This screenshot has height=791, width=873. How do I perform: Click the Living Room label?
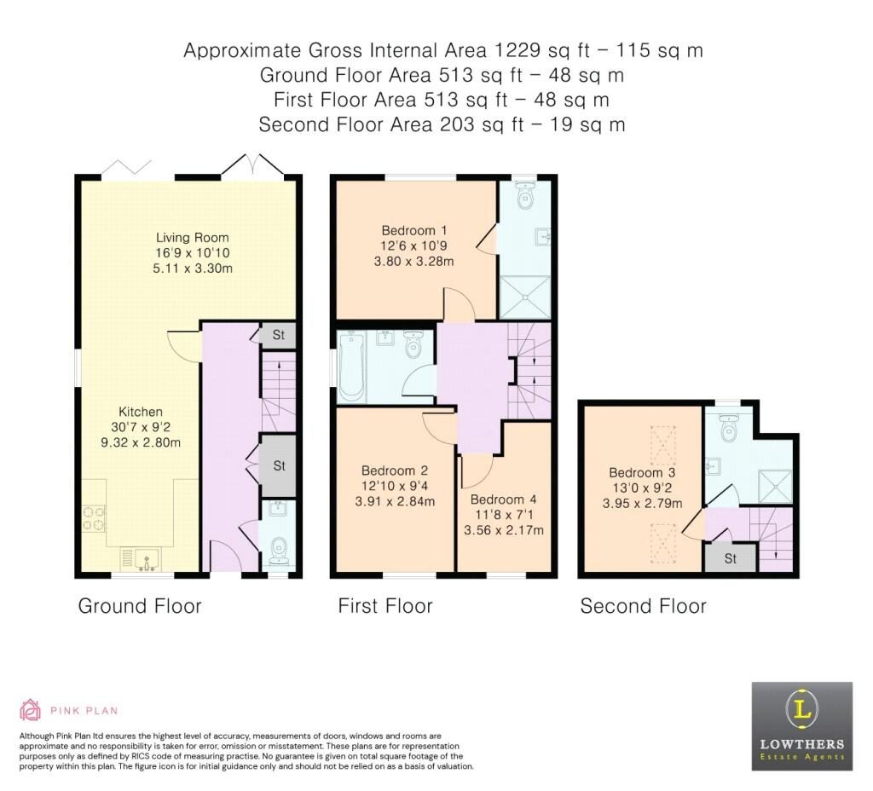[192, 237]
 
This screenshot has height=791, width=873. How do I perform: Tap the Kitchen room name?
[141, 412]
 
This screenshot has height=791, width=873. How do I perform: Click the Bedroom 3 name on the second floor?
[641, 472]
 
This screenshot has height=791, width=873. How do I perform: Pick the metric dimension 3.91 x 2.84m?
[394, 501]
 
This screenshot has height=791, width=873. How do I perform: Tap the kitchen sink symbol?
[143, 559]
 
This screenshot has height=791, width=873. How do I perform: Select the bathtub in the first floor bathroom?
[352, 367]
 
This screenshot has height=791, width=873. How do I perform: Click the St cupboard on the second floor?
[730, 558]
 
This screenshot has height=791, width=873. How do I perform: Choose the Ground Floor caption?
[140, 606]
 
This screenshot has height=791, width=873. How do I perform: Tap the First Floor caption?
[385, 606]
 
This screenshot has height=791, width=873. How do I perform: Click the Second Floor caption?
[643, 606]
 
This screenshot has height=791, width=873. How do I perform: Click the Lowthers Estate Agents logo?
[801, 725]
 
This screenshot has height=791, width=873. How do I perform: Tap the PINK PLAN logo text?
[83, 710]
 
